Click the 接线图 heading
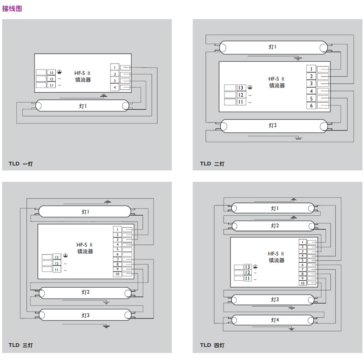click(12, 9)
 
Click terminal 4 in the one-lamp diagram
click(115, 87)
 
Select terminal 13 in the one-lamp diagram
click(51, 72)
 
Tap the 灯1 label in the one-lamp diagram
click(82, 106)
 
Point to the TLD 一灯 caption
click(21, 164)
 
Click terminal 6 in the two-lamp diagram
click(311, 106)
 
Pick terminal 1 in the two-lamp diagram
click(311, 69)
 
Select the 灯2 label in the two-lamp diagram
click(273, 125)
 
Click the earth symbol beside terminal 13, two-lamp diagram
click(250, 87)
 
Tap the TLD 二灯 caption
click(212, 164)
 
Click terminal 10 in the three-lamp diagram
click(117, 274)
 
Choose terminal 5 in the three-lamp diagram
click(117, 249)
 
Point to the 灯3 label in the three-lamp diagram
click(85, 315)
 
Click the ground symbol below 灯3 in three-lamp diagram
click(106, 326)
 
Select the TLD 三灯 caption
click(21, 345)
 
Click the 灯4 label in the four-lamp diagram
click(275, 320)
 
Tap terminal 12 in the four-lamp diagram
click(247, 272)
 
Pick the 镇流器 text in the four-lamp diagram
click(276, 260)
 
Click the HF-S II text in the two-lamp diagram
click(276, 79)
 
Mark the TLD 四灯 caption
click(212, 345)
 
